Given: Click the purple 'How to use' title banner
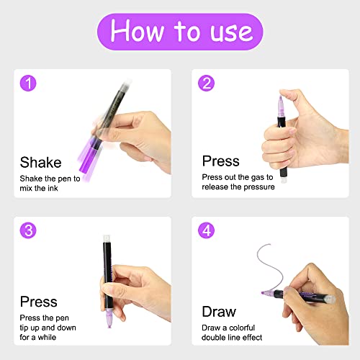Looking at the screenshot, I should [x=180, y=32].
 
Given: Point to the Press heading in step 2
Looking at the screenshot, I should [x=220, y=161].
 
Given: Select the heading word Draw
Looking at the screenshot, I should [x=219, y=312].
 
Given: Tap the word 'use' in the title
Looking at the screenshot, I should [x=227, y=32].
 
